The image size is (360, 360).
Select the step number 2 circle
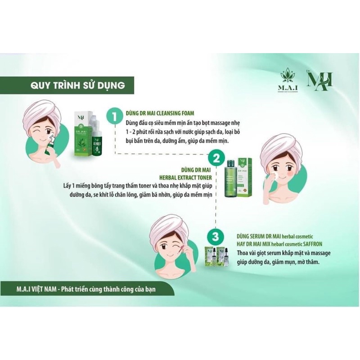pos(216,158)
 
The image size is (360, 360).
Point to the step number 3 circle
pos(216,236)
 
